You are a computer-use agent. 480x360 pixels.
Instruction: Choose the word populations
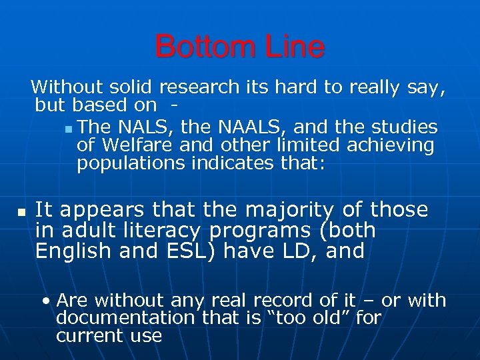(x=131, y=163)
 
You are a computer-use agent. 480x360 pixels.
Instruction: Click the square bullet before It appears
(x=21, y=211)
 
